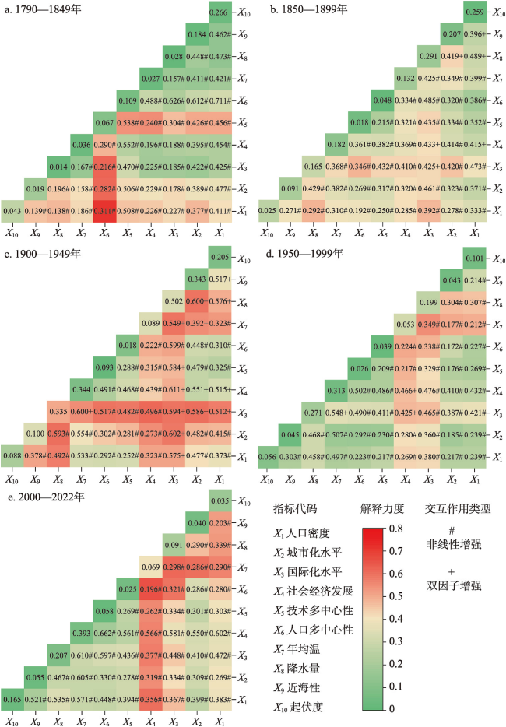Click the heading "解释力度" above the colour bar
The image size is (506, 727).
[383, 509]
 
